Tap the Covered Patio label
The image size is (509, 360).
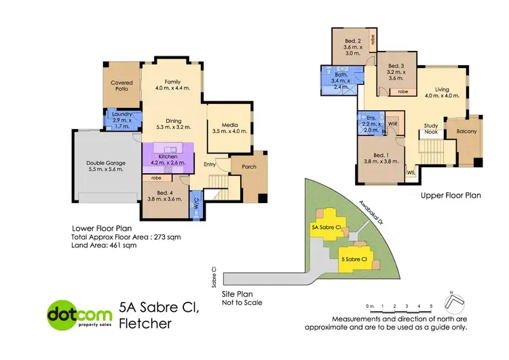point(121,86)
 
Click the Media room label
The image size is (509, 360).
point(224,125)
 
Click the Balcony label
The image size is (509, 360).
point(467,132)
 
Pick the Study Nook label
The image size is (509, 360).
point(430,128)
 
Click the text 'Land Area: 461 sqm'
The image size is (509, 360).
point(104,246)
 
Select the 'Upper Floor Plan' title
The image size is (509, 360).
point(450,196)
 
